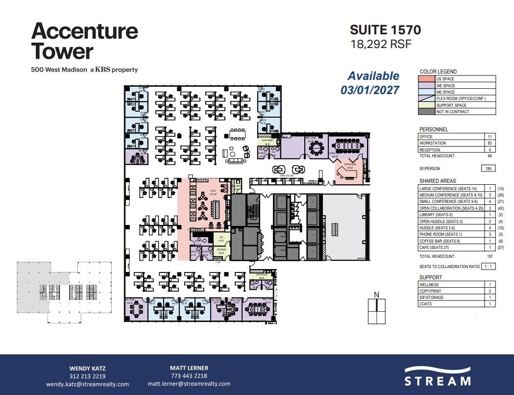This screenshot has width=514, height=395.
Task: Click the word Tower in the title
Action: (62, 51)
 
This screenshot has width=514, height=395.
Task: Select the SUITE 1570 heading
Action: (385, 30)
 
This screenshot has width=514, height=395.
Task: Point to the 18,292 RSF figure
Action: (380, 44)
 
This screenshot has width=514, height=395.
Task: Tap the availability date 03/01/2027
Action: (370, 90)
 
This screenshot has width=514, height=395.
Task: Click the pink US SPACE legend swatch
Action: (427, 79)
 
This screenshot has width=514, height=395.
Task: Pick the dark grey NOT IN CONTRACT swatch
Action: (427, 112)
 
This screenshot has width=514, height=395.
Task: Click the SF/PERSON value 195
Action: (489, 168)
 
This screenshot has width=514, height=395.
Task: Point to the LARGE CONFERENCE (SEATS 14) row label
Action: (448, 189)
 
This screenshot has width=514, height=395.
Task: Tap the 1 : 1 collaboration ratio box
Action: (488, 266)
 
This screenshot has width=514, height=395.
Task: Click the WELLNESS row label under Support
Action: (429, 285)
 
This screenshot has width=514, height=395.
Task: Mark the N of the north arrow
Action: (376, 295)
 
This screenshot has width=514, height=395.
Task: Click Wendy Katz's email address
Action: (87, 384)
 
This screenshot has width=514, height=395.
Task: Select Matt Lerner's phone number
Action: (189, 376)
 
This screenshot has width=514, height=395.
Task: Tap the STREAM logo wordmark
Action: (438, 381)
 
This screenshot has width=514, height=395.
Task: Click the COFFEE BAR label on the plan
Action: (350, 165)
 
